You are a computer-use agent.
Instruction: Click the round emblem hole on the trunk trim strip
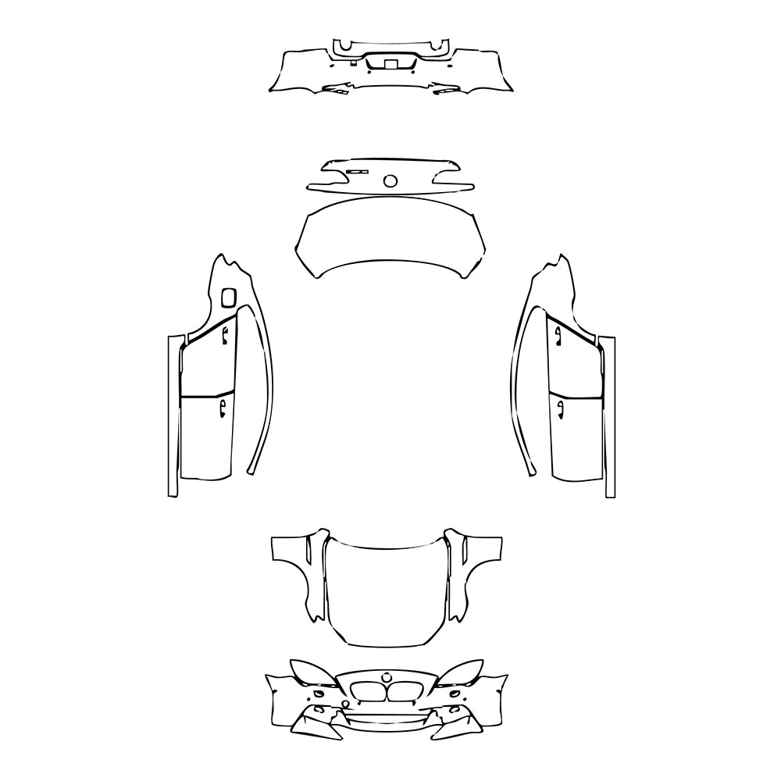tap(390, 181)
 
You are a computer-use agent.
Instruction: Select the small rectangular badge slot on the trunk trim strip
tap(357, 171)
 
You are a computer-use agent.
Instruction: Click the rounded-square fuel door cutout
tap(228, 297)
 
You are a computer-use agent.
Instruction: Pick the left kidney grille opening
tap(366, 691)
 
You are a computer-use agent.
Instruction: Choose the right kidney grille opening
tap(408, 691)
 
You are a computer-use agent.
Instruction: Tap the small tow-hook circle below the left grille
tap(345, 704)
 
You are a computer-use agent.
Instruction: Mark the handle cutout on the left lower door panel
tap(223, 407)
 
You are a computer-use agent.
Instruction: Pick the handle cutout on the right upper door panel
tap(558, 335)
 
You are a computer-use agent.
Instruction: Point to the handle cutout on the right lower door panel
tap(558, 407)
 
